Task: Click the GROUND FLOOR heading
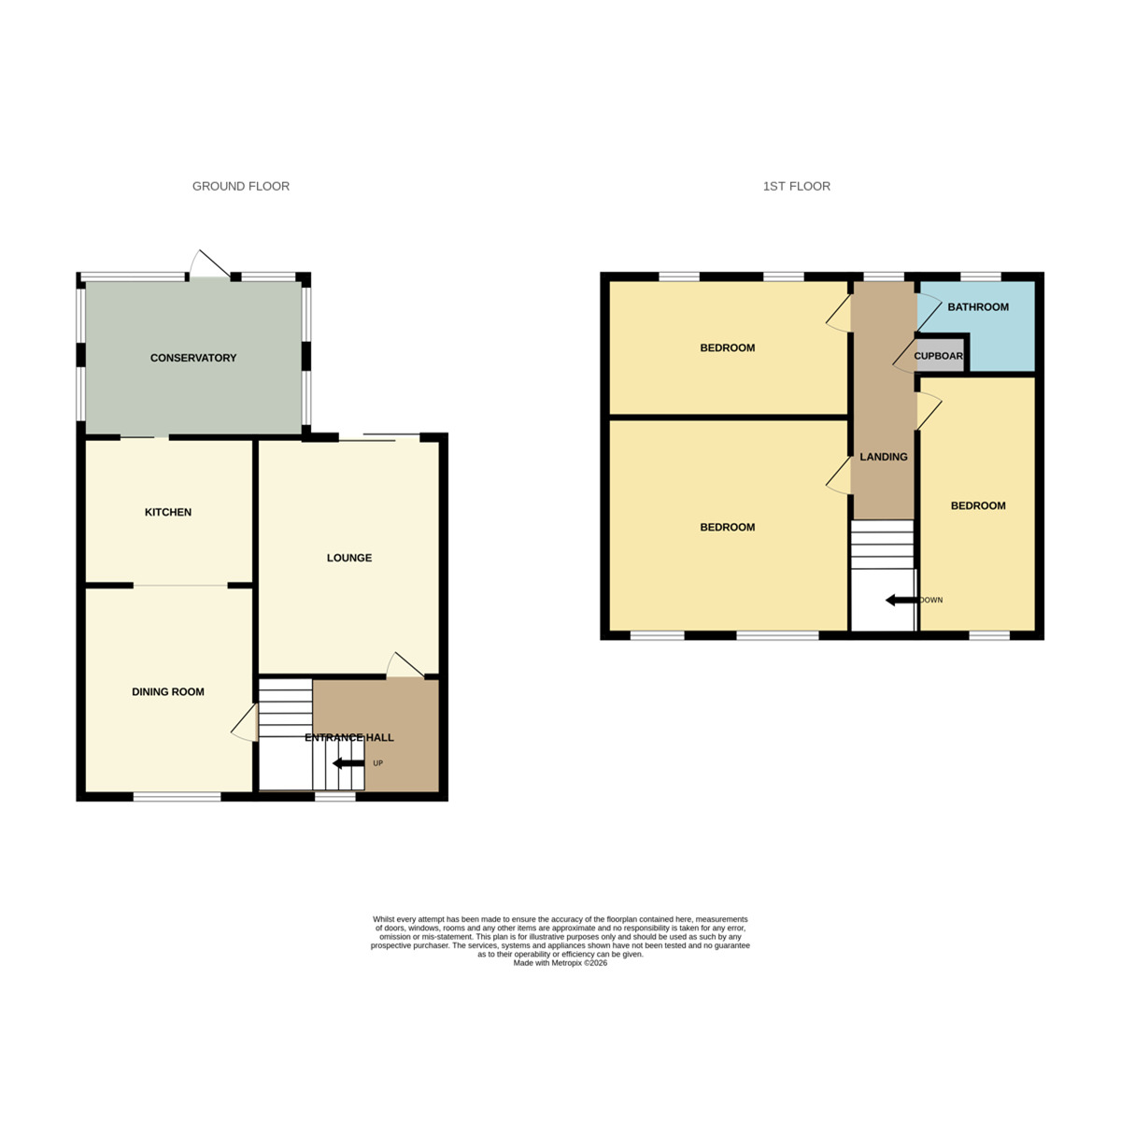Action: [x=240, y=186]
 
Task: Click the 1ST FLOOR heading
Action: [x=796, y=186]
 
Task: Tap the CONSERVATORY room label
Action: [x=193, y=358]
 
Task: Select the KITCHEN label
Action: [x=168, y=512]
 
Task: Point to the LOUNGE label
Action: [x=349, y=558]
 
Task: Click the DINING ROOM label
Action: [x=168, y=692]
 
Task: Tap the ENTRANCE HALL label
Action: [x=349, y=737]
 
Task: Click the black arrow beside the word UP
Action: [x=348, y=763]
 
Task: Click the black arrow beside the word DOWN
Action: [x=901, y=600]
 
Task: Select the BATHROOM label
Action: [x=978, y=306]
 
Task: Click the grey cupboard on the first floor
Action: [x=938, y=356]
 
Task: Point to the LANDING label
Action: [x=883, y=457]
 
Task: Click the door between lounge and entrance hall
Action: [x=404, y=664]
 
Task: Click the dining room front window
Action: [x=177, y=797]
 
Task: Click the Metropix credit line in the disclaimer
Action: [x=560, y=963]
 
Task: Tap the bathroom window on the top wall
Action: [x=981, y=277]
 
